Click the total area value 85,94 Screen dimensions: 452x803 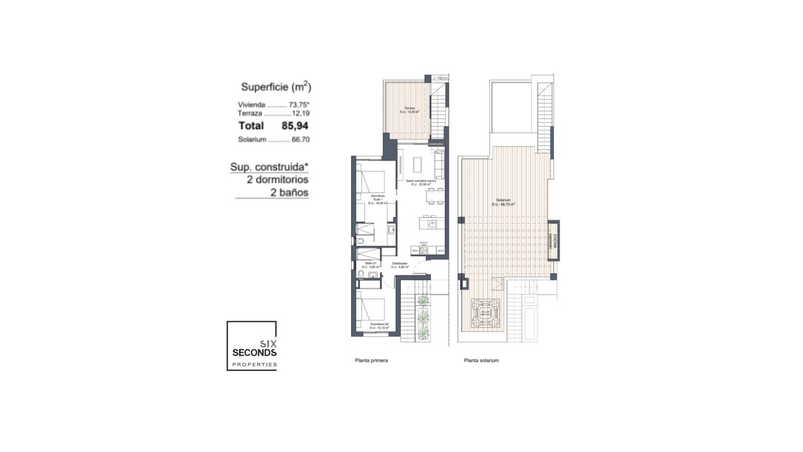point(295,126)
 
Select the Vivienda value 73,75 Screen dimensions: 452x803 point(299,105)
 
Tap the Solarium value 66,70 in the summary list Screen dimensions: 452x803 point(300,139)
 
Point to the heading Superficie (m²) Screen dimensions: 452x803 point(276,87)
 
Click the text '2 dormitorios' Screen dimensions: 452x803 point(277,180)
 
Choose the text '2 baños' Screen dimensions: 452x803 point(289,193)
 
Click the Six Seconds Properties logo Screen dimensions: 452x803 point(252,346)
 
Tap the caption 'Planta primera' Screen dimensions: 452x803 point(371,360)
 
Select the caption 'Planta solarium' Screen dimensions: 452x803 point(481,360)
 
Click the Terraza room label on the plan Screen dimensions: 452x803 point(409,110)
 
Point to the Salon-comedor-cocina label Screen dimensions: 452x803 point(421,182)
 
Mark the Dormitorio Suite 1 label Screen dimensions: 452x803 point(378,199)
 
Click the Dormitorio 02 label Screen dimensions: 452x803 point(379,326)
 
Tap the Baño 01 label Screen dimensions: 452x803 point(371,265)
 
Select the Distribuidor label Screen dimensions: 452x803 point(400,265)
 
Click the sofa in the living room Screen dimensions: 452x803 point(439,166)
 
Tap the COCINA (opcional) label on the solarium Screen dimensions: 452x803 point(554,241)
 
